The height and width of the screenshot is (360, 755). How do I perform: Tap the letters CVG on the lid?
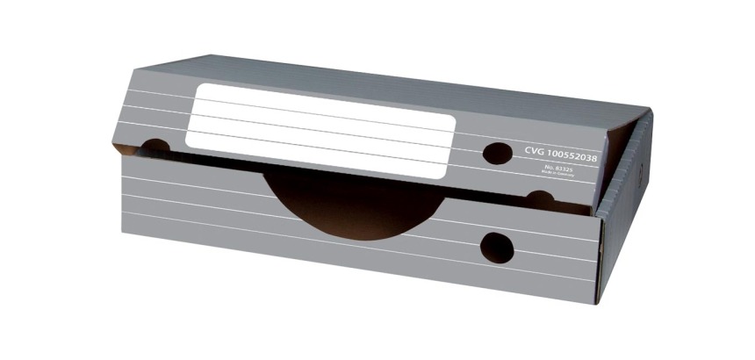pos(536,151)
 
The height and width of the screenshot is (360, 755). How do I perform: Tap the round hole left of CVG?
pos(498,153)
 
